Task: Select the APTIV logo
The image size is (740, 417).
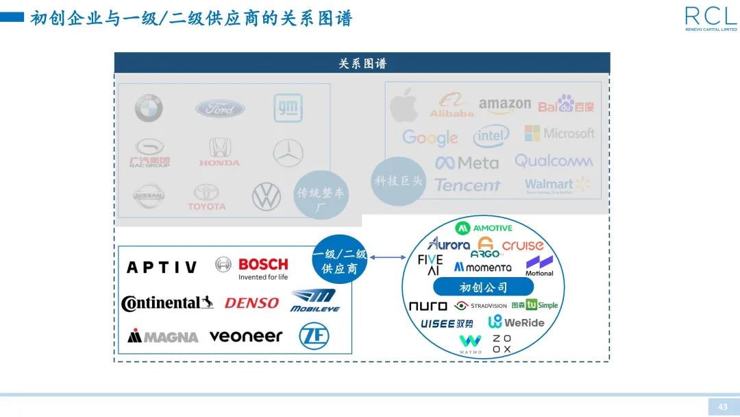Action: [x=162, y=267]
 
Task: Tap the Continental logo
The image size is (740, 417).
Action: [x=167, y=302]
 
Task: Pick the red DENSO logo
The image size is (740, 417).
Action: [x=251, y=302]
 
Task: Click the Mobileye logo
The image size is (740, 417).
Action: [x=314, y=300]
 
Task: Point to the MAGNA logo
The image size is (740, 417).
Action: [x=162, y=336]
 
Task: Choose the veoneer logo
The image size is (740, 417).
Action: [x=245, y=336]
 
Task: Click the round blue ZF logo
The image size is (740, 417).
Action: [x=314, y=336]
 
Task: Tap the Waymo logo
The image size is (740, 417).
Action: [x=470, y=344]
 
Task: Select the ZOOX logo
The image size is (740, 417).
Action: [x=502, y=344]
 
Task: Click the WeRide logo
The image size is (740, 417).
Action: [x=516, y=322]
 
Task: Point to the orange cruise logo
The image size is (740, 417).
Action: [x=523, y=245]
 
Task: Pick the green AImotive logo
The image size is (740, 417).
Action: [x=484, y=227]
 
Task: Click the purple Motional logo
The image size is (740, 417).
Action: [x=539, y=265]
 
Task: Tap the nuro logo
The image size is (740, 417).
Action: [x=428, y=306]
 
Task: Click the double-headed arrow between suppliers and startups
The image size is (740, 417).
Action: [x=388, y=258]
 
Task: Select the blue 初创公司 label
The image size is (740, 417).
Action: [x=483, y=287]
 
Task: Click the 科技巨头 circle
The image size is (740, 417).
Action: [x=399, y=181]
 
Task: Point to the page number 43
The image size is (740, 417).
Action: [x=723, y=407]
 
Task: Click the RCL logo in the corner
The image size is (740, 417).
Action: [x=711, y=17]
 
